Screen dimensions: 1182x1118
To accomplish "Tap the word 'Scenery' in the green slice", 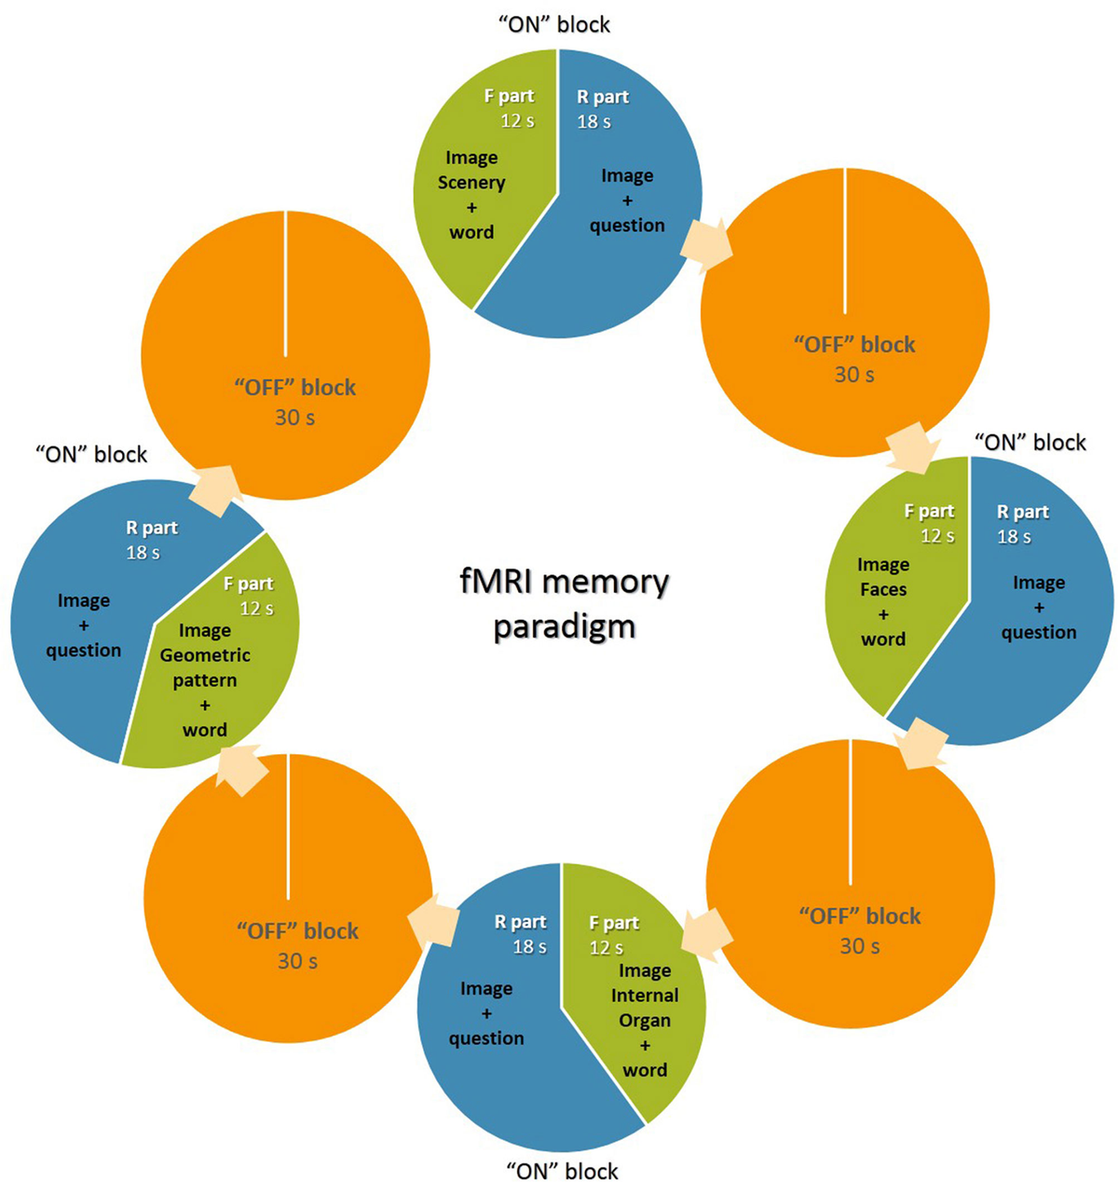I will click(x=471, y=183).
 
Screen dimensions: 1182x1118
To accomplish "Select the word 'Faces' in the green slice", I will click(x=883, y=589).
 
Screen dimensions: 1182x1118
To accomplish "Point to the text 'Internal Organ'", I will click(x=645, y=1008).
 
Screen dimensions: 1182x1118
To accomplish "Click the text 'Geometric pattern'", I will click(x=205, y=667).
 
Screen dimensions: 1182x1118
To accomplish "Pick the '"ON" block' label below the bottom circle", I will click(x=562, y=1171).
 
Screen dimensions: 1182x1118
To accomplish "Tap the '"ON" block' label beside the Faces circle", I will click(x=1029, y=442).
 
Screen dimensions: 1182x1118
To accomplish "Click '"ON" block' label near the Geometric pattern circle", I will click(x=91, y=454).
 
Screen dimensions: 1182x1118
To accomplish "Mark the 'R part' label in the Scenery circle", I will click(x=604, y=97).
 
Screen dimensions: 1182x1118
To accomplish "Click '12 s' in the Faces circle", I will click(x=937, y=536).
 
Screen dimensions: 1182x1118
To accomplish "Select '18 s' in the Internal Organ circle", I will click(x=529, y=946).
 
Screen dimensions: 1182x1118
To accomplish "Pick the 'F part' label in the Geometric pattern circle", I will click(x=249, y=584).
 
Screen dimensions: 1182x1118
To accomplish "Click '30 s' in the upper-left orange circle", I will click(x=294, y=418).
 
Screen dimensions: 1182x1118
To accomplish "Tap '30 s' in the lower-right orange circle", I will click(x=859, y=946).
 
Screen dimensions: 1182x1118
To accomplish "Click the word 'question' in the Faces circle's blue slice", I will click(x=1039, y=632).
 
